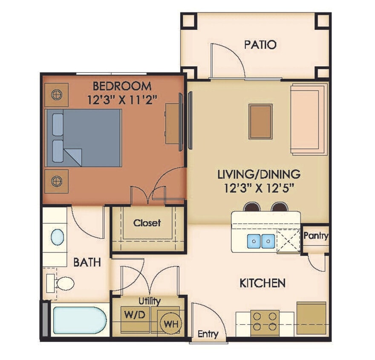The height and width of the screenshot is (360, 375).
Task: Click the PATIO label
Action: tap(260, 44)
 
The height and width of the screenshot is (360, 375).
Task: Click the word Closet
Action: tap(147, 223)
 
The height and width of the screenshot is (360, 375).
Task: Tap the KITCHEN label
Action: tap(262, 282)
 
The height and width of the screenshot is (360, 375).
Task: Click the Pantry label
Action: tap(316, 236)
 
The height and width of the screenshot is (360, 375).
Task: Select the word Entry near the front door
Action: tap(208, 334)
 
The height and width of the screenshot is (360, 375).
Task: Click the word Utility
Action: tap(150, 302)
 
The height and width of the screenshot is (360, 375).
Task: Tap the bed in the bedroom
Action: tap(84, 137)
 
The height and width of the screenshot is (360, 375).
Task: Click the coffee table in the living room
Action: tap(260, 121)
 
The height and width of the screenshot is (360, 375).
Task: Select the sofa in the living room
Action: tap(309, 119)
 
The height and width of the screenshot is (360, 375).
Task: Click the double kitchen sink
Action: tap(260, 241)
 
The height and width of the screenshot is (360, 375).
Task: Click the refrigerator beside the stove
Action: tap(311, 318)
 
